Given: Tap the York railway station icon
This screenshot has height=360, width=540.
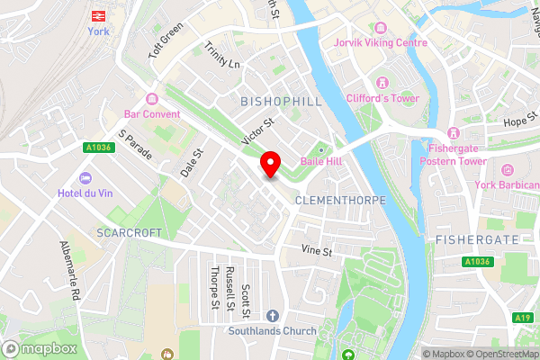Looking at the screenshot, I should click(x=97, y=15).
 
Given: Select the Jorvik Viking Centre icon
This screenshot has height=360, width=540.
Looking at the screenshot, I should click(x=380, y=28).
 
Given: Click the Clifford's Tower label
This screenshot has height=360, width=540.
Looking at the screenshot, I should click(x=382, y=98).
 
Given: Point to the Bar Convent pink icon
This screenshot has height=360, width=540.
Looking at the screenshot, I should click(x=151, y=99).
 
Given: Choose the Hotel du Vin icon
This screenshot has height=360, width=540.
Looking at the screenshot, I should click(x=85, y=178).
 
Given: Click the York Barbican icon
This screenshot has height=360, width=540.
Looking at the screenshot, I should click(x=507, y=170).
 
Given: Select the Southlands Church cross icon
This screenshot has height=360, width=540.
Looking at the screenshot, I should click(x=273, y=316).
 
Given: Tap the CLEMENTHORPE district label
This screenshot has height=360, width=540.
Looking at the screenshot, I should click(x=340, y=200).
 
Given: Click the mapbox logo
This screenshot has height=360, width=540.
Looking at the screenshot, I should click(x=40, y=348).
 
